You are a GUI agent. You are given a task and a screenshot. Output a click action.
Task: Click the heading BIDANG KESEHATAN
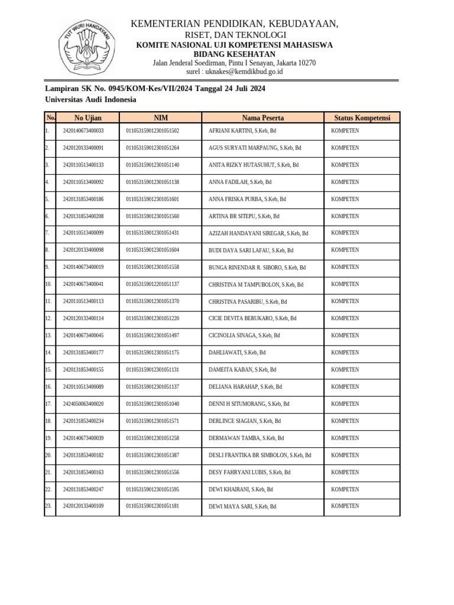tap(235, 54)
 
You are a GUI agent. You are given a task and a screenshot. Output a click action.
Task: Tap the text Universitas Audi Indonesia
tap(90, 100)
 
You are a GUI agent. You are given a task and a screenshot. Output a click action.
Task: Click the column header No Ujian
tap(87, 118)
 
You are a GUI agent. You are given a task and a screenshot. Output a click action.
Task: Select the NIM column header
tap(160, 118)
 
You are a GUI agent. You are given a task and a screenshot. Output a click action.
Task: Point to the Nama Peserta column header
tap(262, 118)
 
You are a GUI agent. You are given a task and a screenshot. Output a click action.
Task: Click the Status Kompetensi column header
tap(362, 118)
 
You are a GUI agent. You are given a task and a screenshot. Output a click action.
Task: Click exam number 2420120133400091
tap(83, 148)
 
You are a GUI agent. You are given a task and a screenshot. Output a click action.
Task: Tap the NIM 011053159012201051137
tap(153, 284)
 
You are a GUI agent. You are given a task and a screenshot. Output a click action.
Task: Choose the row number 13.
tap(48, 336)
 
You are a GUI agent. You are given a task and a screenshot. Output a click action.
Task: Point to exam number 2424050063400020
tap(83, 404)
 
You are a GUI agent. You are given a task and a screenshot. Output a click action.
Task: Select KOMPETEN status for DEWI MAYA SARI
tap(345, 506)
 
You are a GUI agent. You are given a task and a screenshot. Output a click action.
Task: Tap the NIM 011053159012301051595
tap(153, 490)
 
